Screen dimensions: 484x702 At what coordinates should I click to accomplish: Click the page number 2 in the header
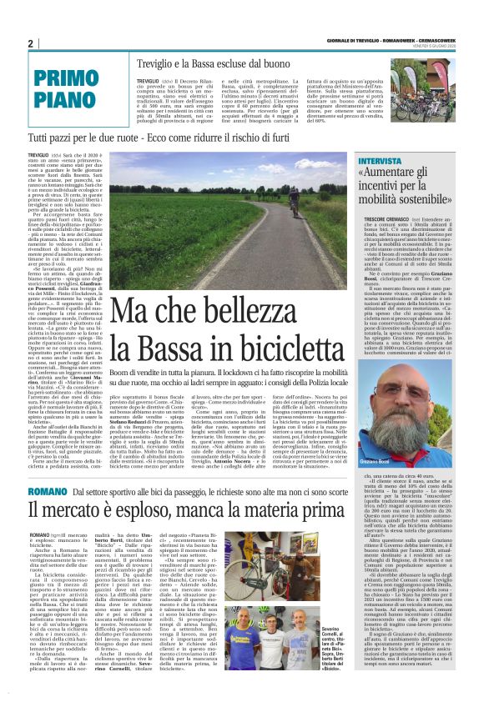pyautogui.click(x=30, y=44)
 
